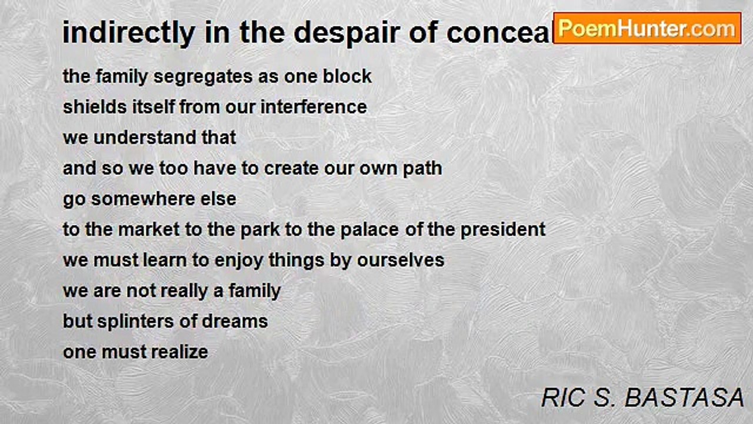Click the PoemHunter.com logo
647,28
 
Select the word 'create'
292,168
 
